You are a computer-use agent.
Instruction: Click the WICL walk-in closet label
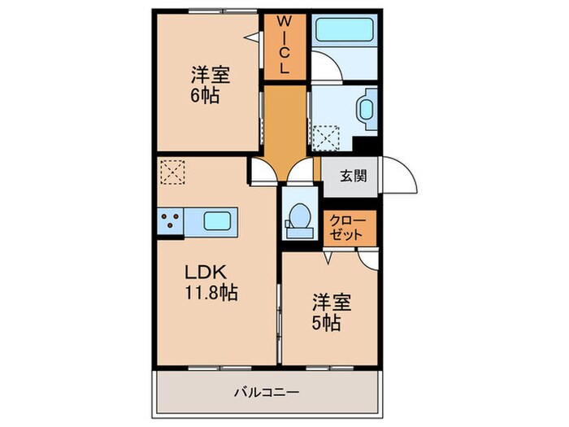(284, 46)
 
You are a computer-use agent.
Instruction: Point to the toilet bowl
(298, 217)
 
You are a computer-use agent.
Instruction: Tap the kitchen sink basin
(217, 221)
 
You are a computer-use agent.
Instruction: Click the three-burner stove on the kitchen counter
(172, 221)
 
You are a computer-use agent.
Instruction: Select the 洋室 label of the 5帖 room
(331, 303)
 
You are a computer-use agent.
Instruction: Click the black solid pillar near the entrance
(370, 146)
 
